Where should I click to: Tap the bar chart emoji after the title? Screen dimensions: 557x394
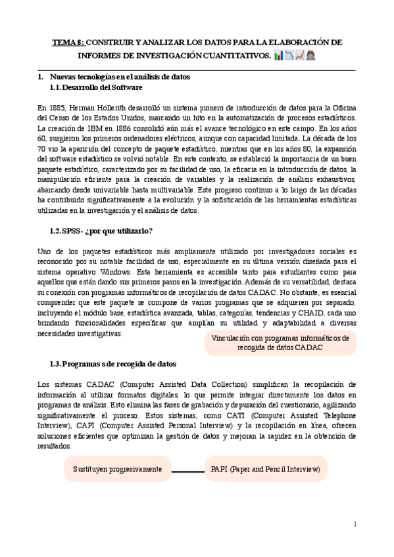279,55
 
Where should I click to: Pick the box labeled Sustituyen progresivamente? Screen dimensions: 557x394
117,470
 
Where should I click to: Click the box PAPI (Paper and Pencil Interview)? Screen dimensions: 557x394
265,470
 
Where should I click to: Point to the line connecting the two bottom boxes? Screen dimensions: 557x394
187,471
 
